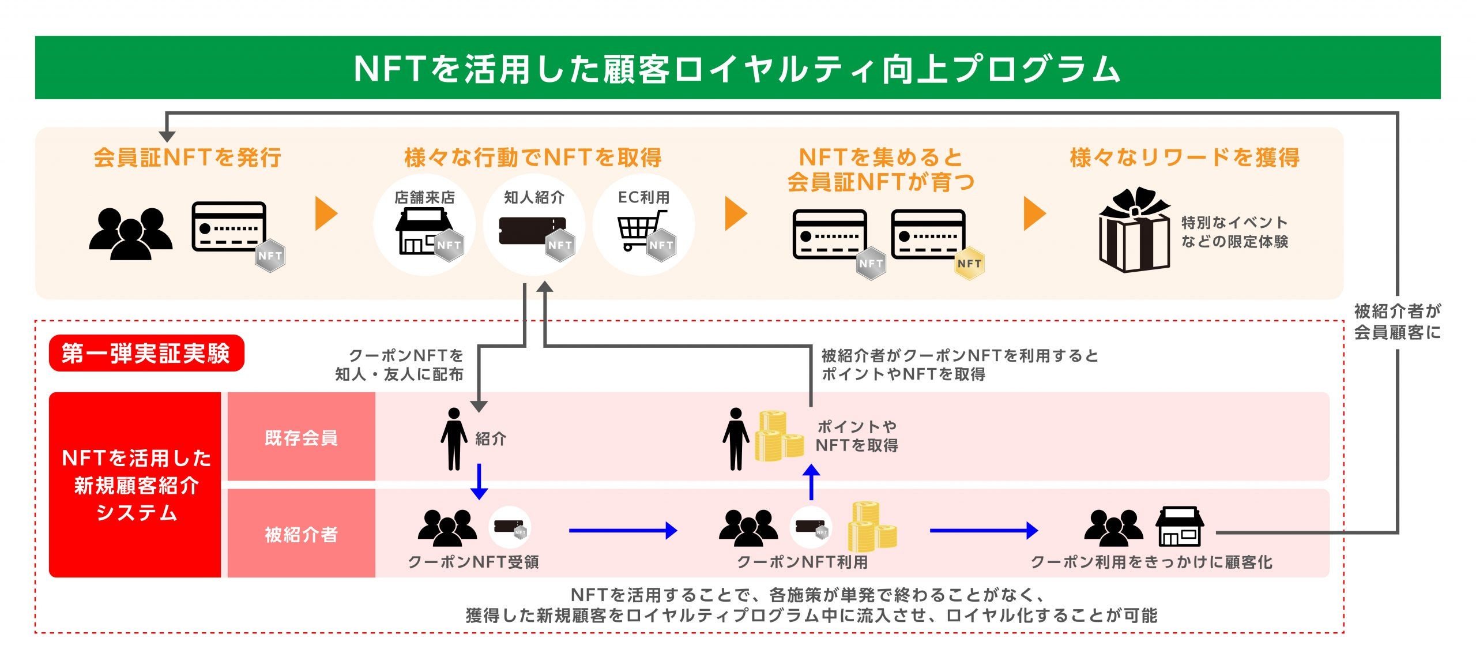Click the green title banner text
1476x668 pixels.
(x=737, y=69)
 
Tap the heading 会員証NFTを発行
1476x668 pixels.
(x=187, y=157)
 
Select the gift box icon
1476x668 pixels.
(x=1134, y=231)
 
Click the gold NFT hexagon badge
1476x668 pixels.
(x=969, y=264)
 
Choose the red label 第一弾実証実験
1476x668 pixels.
(x=146, y=353)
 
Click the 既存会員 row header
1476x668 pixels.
(x=301, y=437)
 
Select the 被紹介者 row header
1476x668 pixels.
(x=301, y=534)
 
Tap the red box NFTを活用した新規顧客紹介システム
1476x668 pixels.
(x=135, y=485)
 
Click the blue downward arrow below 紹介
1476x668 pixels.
(x=479, y=482)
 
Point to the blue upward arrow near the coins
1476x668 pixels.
(x=811, y=482)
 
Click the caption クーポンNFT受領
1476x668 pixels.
(x=473, y=562)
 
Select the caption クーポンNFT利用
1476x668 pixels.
(x=802, y=562)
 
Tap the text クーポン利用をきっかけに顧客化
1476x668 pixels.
(x=1151, y=562)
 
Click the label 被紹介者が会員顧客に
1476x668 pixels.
(x=1397, y=322)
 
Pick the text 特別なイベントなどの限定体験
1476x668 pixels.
(x=1234, y=232)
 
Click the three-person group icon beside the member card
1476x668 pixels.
(x=131, y=234)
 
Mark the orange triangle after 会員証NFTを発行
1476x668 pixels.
(x=326, y=214)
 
